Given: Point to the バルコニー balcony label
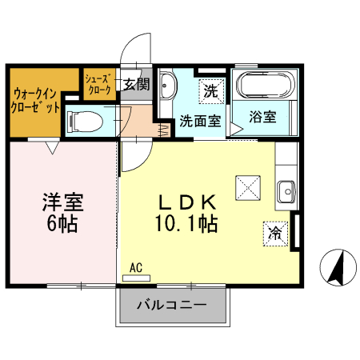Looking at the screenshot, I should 171,306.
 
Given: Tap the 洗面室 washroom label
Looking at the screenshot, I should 199,122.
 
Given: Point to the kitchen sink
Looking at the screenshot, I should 286,190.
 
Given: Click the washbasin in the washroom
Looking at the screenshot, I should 168,85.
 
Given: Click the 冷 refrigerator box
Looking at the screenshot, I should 275,233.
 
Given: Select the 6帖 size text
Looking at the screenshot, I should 63,225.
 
